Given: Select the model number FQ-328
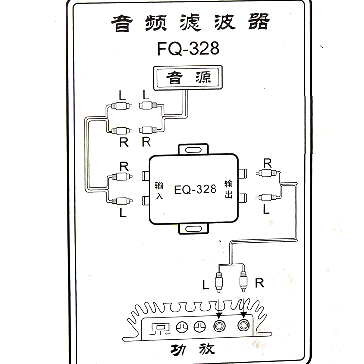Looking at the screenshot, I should pos(188,49).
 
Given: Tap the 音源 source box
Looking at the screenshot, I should pos(186,78).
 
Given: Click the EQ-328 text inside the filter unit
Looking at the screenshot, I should pos(195,189).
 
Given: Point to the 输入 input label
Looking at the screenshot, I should pos(159,191).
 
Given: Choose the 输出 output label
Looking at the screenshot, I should pos(229,189).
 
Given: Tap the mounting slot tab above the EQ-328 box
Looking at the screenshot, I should pos(193,149).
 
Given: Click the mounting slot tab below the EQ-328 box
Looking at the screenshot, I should pos(193,229).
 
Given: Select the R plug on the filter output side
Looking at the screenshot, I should pos(268,174).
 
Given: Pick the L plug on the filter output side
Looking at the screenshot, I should pos(268,197).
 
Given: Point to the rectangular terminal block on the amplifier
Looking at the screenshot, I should pos(159,328).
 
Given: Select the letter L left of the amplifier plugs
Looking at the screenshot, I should pos(205,284).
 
